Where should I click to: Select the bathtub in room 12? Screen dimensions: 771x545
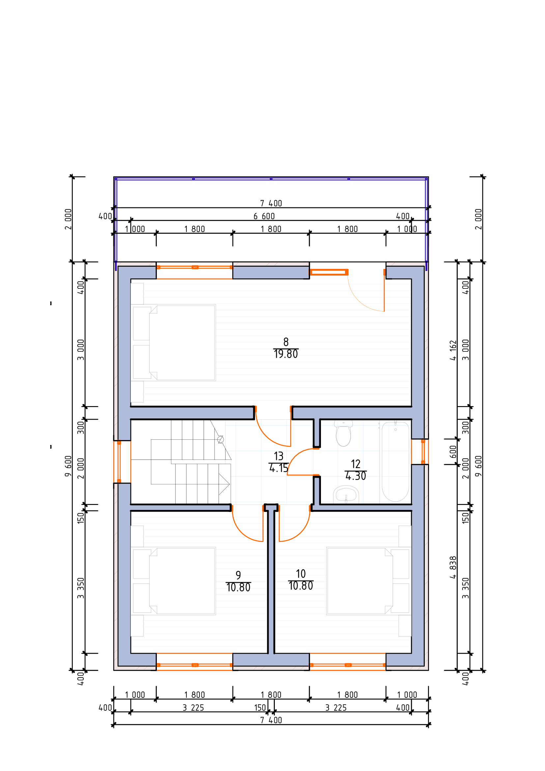point(395,462)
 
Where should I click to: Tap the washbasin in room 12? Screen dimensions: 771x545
point(346,495)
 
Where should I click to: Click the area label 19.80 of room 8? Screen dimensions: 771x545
point(286,354)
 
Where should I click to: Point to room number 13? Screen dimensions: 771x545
point(278,456)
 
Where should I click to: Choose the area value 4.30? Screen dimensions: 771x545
point(356,476)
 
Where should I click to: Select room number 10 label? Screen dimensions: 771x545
point(301,574)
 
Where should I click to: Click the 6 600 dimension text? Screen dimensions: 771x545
point(264,216)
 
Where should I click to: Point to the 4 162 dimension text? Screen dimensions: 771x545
point(453,350)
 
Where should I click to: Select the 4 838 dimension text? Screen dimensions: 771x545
point(453,568)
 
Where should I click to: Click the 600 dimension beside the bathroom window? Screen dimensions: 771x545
point(453,452)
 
